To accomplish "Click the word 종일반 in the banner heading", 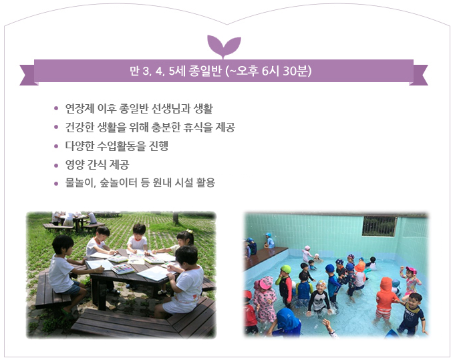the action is (x=205, y=71).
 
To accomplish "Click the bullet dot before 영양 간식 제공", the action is (x=56, y=166).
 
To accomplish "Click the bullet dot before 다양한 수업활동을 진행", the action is (x=56, y=146).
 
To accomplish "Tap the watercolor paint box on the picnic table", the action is (x=123, y=269).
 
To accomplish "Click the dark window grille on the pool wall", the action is (x=380, y=226).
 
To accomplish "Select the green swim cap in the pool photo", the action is (x=286, y=269).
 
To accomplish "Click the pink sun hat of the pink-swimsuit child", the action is (x=265, y=283).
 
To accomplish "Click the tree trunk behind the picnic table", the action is (x=176, y=218).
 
